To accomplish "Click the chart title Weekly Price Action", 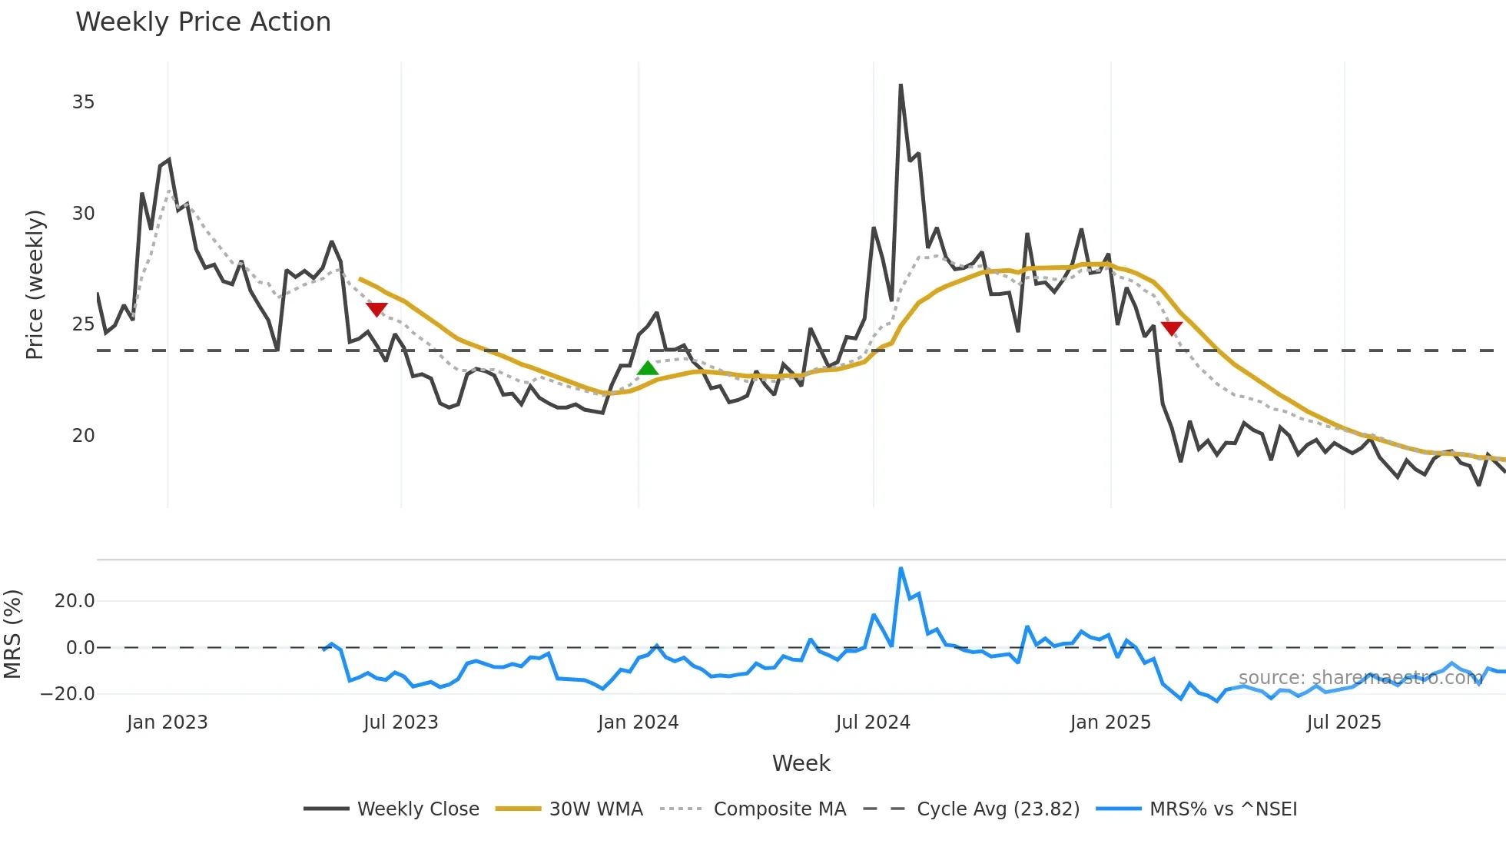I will coord(203,22).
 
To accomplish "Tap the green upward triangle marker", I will coord(648,368).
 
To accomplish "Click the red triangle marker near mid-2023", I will coord(376,309).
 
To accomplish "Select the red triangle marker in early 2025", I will coord(1172,328).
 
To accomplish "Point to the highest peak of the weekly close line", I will coord(901,85).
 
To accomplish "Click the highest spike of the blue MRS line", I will coord(901,569).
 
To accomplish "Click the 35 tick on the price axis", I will coord(83,102).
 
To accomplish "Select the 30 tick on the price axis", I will coord(83,214).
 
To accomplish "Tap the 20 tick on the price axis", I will coord(83,436).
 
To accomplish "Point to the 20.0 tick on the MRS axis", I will coord(75,601).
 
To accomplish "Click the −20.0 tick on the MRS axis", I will coord(68,694).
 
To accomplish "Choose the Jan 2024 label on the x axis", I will coord(638,722).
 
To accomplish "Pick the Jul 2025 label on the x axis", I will coord(1344,722).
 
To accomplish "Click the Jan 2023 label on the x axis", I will coord(167,722).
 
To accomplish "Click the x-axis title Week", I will coord(801,763).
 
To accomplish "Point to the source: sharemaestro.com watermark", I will coord(1360,678).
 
